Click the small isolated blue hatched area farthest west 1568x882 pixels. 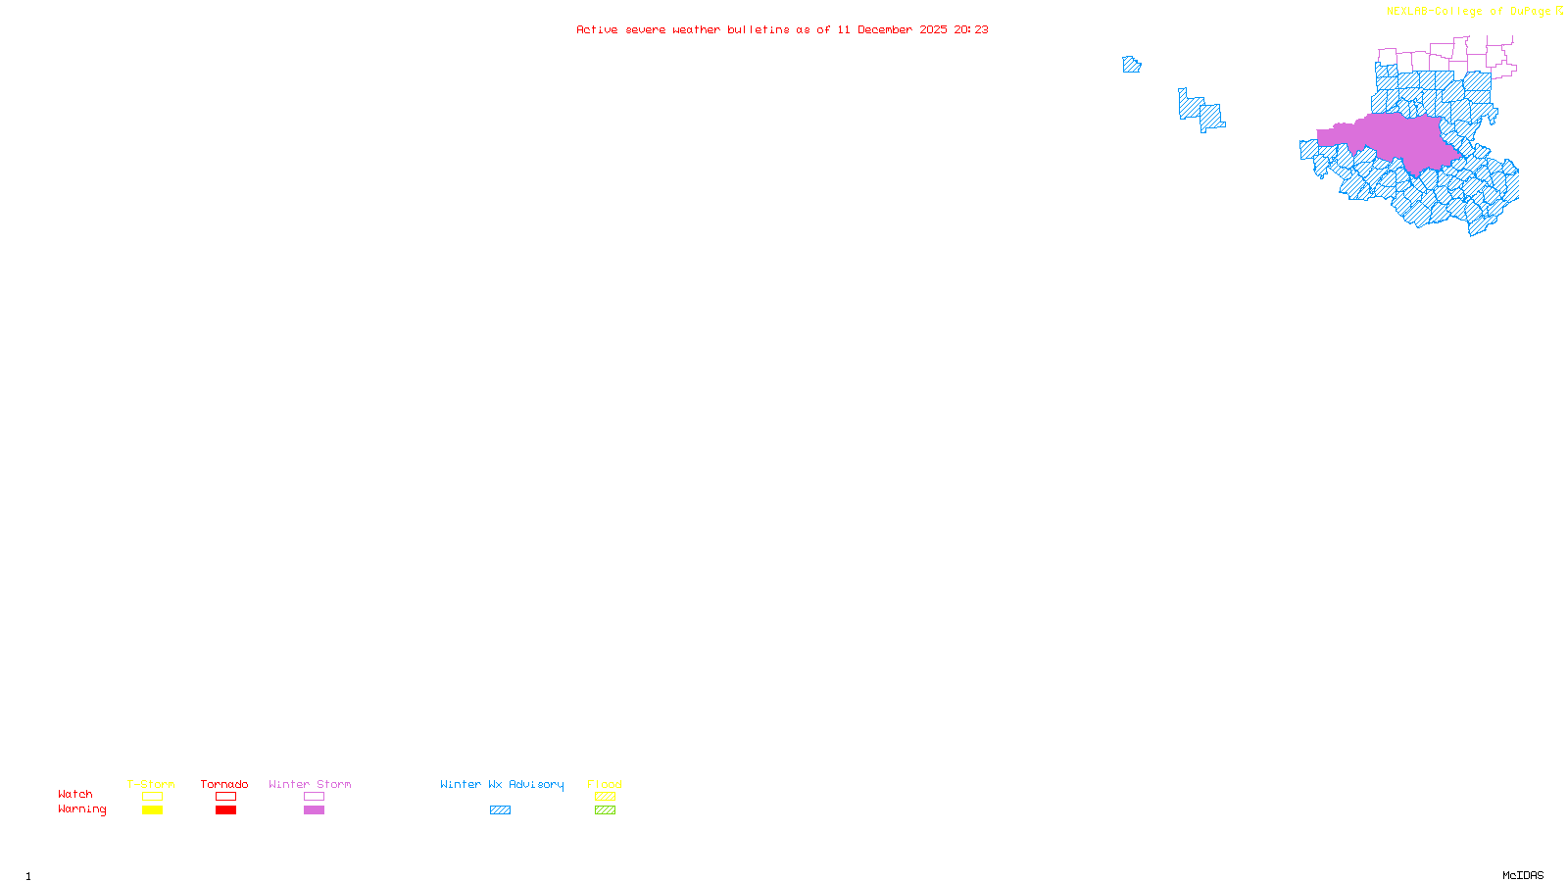click(1131, 65)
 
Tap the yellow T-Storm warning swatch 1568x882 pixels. click(152, 810)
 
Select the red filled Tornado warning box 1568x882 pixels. click(225, 810)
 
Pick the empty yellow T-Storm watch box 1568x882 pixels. click(152, 797)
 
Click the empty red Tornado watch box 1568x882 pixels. click(225, 797)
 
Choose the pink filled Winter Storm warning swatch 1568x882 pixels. click(314, 810)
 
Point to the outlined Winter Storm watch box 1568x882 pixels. click(314, 797)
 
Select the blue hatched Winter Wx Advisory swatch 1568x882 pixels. click(500, 810)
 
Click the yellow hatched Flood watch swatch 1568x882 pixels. click(605, 797)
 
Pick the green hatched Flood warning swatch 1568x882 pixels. click(605, 810)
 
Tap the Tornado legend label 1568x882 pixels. click(224, 784)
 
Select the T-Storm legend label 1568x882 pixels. click(151, 784)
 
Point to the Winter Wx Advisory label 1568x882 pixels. click(502, 784)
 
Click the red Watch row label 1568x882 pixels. click(75, 794)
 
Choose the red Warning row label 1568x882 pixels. click(81, 809)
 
